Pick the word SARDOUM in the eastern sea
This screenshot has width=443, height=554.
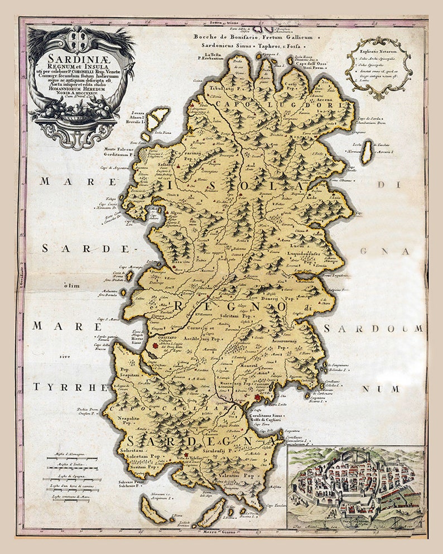[373, 329]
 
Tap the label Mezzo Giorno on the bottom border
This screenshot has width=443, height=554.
[223, 531]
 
